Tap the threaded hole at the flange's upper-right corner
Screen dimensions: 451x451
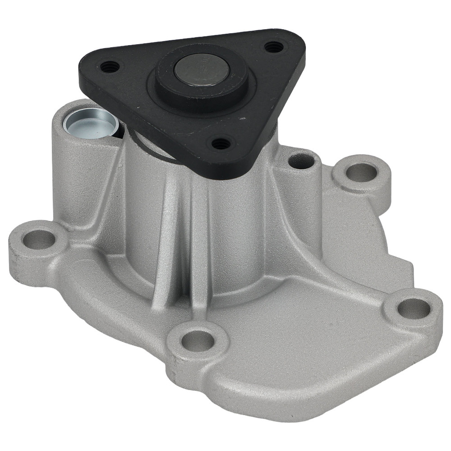272,46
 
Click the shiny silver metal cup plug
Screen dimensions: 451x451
90,121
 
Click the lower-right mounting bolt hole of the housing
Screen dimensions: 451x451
414,308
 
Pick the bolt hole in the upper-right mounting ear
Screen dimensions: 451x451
361,172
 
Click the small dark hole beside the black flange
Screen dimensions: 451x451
300,161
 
